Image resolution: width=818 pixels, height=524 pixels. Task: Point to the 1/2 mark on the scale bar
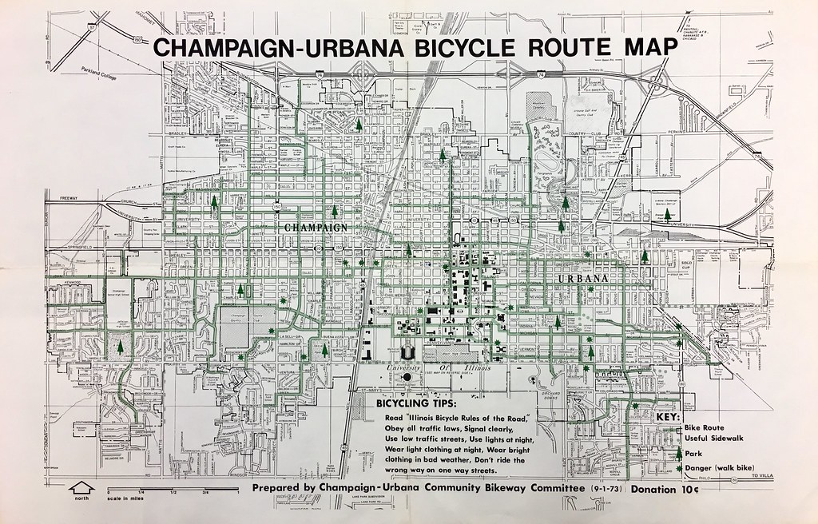coord(174,492)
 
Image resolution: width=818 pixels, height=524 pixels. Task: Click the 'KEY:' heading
coord(667,417)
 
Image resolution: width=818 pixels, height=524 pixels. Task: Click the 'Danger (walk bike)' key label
coord(724,469)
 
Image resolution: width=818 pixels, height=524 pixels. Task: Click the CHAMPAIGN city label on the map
coord(316,228)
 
